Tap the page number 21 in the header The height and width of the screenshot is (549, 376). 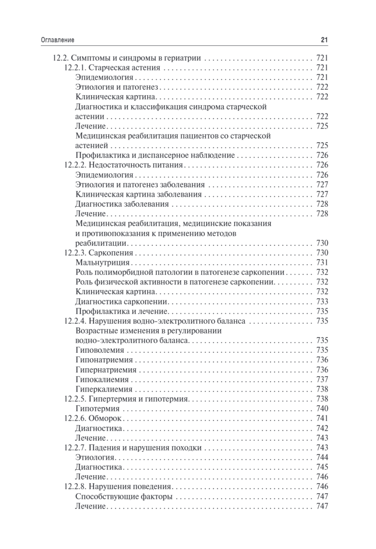click(324, 40)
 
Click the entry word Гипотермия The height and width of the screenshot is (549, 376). click(97, 409)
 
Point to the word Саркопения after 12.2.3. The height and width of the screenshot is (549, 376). click(110, 253)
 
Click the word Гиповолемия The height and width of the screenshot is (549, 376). click(99, 350)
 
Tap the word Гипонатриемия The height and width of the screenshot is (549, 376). click(103, 360)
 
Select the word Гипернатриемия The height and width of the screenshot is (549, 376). click(105, 370)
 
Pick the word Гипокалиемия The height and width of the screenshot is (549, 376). click(102, 380)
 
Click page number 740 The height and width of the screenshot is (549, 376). click(322, 409)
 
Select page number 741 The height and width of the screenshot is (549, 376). click(322, 419)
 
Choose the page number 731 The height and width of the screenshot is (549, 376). click(322, 263)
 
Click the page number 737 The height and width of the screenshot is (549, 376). click(322, 380)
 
